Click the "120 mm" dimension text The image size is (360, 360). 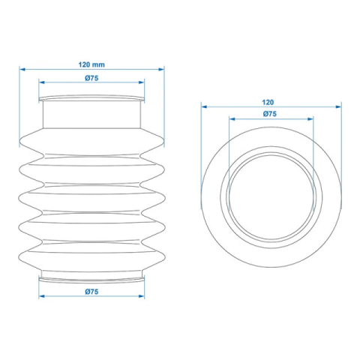click(91, 64)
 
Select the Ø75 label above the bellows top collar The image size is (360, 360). click(91, 78)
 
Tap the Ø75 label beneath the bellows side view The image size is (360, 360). click(91, 291)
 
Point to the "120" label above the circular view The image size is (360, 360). click(268, 101)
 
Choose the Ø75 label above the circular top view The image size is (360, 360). click(270, 113)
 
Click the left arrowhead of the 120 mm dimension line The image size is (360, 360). click(22, 70)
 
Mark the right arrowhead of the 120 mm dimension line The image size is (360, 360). click(161, 70)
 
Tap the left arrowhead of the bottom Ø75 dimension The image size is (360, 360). click(42, 296)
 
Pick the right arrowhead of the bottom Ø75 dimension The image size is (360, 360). click(142, 296)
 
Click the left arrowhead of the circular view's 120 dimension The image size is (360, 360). click(203, 106)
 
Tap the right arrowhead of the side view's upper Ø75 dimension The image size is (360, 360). click(142, 82)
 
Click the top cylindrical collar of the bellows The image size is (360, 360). click(91, 112)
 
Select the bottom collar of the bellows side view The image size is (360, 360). click(91, 276)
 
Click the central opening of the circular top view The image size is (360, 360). click(270, 200)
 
